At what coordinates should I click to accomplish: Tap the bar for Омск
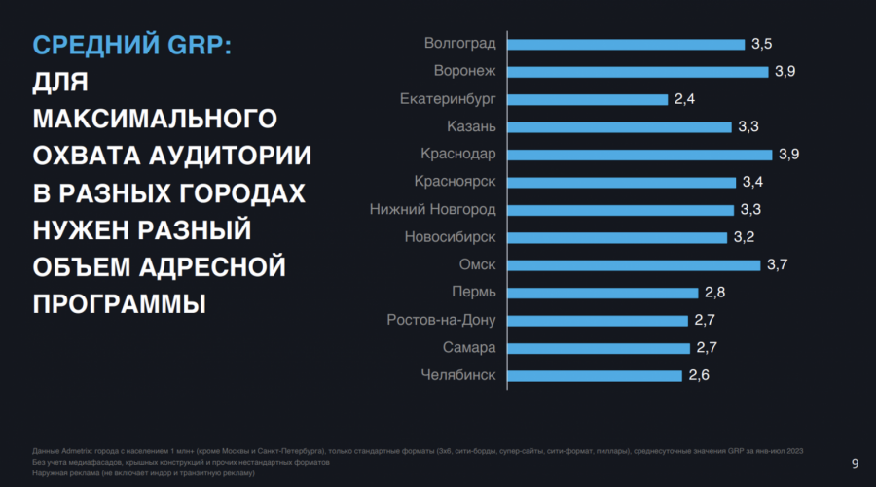point(635,265)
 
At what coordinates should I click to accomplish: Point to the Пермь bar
point(603,293)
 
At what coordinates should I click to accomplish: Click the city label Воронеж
point(464,71)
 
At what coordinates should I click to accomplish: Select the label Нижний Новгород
point(433,210)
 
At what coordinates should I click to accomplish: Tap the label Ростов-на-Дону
point(441,320)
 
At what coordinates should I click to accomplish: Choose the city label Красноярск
point(455,182)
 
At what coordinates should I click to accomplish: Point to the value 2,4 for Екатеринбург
point(684,99)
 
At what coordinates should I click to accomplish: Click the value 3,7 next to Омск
point(777,265)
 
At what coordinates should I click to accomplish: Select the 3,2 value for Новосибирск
point(743,237)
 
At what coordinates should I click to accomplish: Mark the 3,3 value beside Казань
point(748,126)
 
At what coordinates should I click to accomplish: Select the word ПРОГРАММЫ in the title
point(119,302)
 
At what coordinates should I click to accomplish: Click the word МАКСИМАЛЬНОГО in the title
point(155,119)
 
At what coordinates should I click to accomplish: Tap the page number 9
point(855,463)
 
